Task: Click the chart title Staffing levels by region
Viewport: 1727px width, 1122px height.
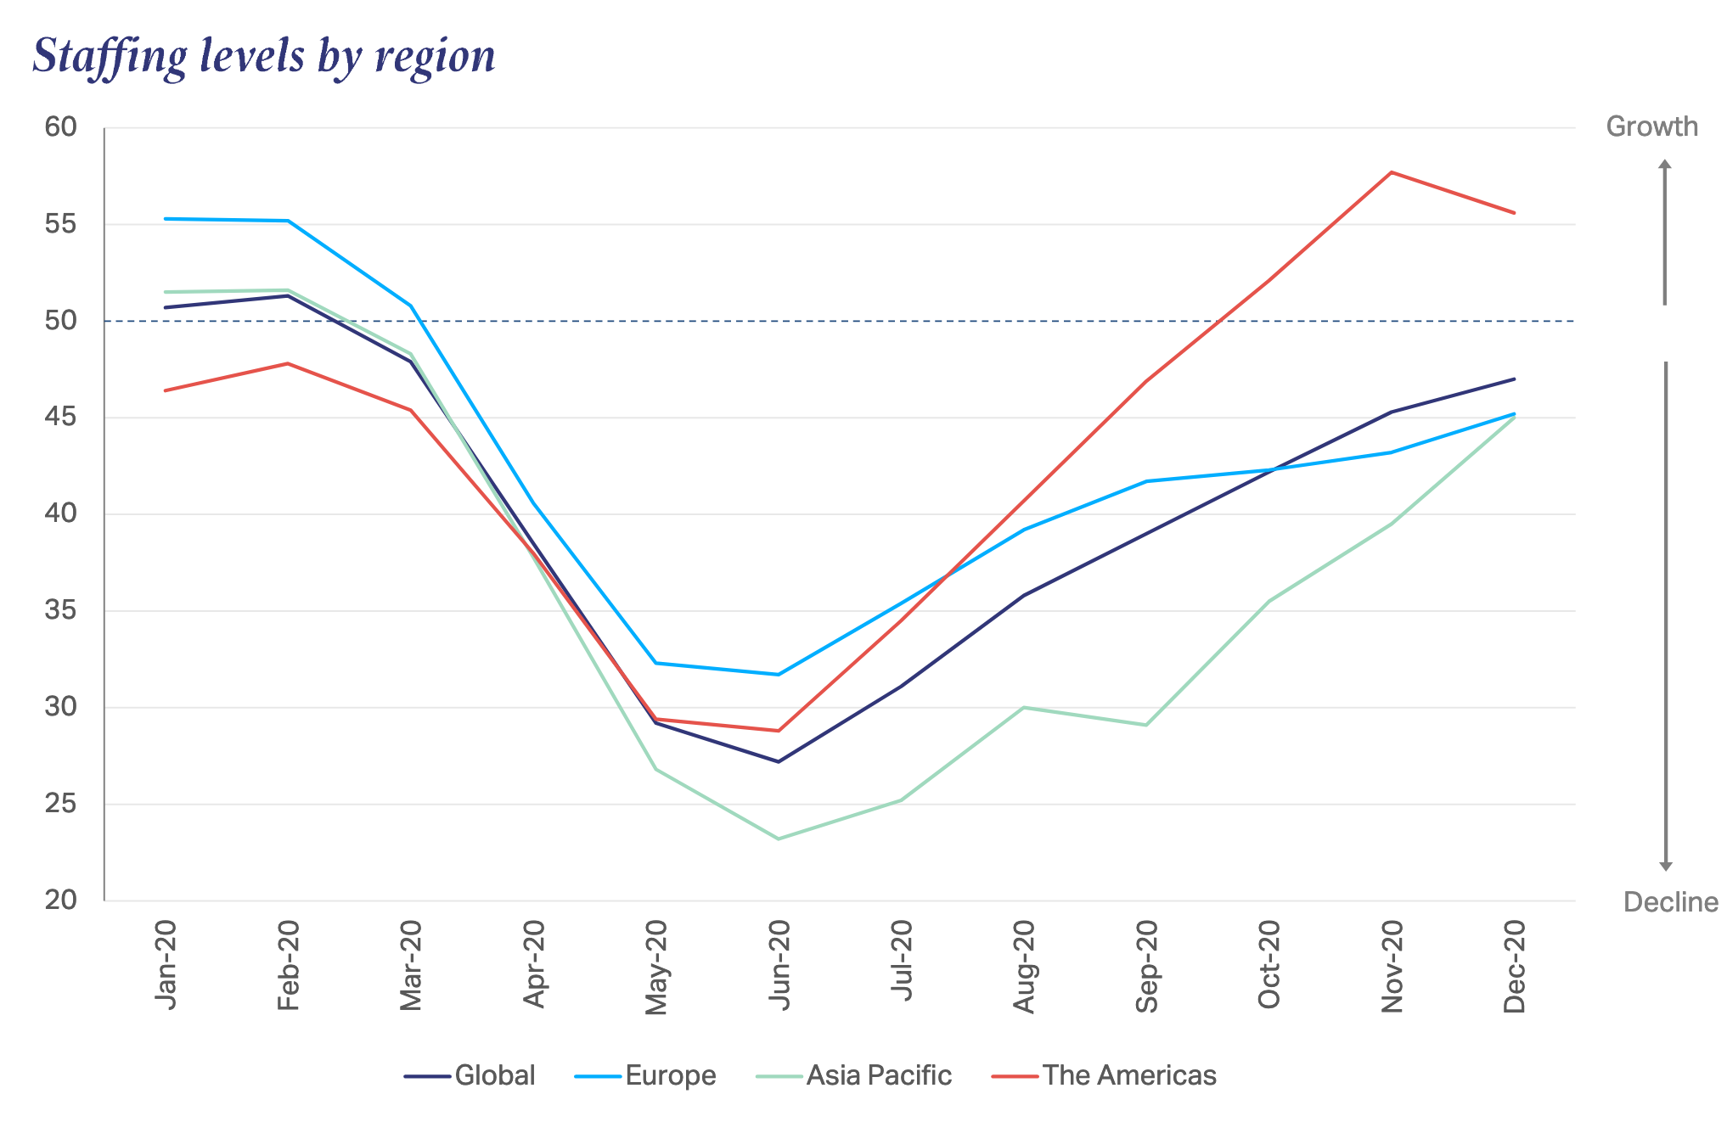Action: tap(264, 56)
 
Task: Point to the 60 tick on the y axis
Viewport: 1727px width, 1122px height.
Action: tap(60, 127)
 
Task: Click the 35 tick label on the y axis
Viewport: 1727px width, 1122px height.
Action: tap(60, 610)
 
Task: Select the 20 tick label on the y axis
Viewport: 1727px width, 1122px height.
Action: tap(60, 900)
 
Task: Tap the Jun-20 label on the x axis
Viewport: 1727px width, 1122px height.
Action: tap(779, 965)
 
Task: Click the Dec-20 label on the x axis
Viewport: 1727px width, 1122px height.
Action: tap(1515, 966)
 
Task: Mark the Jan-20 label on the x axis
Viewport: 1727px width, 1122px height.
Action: tap(166, 965)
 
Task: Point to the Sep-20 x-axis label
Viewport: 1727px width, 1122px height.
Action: tap(1146, 966)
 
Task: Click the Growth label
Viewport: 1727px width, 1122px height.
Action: tap(1651, 126)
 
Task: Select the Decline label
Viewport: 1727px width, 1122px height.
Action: tap(1670, 902)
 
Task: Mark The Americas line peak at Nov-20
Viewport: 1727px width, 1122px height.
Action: tap(1391, 172)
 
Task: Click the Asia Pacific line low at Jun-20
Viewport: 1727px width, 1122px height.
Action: tap(778, 839)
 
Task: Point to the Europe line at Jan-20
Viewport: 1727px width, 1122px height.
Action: tap(166, 219)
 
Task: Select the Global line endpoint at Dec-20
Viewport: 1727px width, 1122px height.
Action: tap(1514, 379)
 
